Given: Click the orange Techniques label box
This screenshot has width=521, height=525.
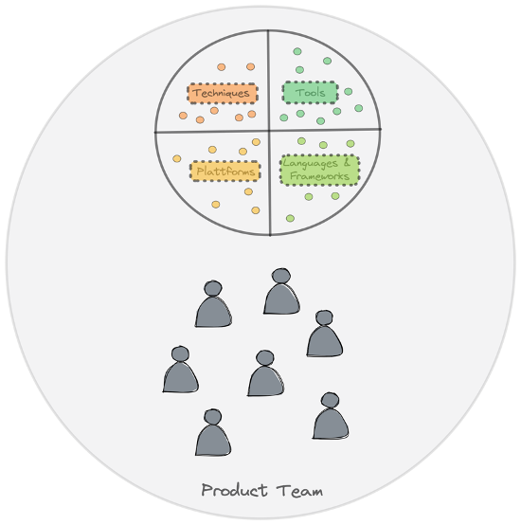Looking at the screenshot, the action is (x=223, y=93).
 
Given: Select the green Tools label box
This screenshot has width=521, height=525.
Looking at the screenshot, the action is (x=310, y=92).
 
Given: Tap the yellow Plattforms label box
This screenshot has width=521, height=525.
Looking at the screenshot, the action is (x=225, y=172).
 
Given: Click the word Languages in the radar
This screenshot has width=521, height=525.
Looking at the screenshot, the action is (x=310, y=164).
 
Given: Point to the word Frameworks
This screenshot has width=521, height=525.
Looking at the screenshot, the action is (x=319, y=175).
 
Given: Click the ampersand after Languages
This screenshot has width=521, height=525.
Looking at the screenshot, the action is (x=347, y=162).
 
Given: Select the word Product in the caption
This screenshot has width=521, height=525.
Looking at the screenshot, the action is (x=234, y=490).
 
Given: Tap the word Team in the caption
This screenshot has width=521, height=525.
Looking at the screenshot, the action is (x=299, y=491).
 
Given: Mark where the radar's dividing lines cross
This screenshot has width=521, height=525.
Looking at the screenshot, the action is (x=269, y=131).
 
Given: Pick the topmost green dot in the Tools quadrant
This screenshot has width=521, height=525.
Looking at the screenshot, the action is (x=297, y=51).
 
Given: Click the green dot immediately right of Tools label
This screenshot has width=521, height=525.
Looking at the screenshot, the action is (x=348, y=91).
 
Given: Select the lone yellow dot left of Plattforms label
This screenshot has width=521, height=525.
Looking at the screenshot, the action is (x=177, y=158).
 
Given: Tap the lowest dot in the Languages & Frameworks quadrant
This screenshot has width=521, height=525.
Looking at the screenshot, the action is (x=290, y=218).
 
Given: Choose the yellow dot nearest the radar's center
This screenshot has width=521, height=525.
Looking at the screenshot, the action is (x=256, y=142).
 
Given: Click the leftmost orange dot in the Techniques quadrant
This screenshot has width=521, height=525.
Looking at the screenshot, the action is (x=183, y=116).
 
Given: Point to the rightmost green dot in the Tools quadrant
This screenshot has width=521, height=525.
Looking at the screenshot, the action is (x=358, y=108).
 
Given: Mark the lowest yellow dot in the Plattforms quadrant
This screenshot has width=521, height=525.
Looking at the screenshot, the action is (x=256, y=210).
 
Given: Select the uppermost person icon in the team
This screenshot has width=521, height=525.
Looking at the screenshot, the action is (x=281, y=291).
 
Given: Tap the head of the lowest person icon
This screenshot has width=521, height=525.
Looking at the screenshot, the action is (x=213, y=417).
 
